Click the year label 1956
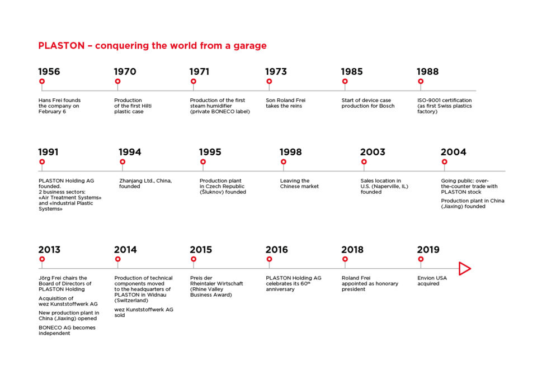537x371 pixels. [49, 72]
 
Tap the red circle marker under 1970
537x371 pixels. [117, 82]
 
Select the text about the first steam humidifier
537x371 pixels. [219, 106]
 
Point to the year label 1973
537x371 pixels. [276, 72]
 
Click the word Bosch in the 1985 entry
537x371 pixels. [385, 106]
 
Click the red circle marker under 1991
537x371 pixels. [42, 162]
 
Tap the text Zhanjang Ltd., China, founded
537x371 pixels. [145, 183]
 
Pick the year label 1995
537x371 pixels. [210, 152]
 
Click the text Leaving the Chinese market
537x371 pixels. [299, 183]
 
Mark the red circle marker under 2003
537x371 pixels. [364, 162]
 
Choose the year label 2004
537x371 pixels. [453, 152]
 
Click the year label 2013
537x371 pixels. [49, 250]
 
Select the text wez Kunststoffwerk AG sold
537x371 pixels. [143, 312]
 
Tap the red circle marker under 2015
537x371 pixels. [194, 259]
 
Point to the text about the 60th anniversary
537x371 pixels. [293, 283]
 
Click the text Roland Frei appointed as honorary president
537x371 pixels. [370, 283]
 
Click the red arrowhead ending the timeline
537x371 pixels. [464, 269]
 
